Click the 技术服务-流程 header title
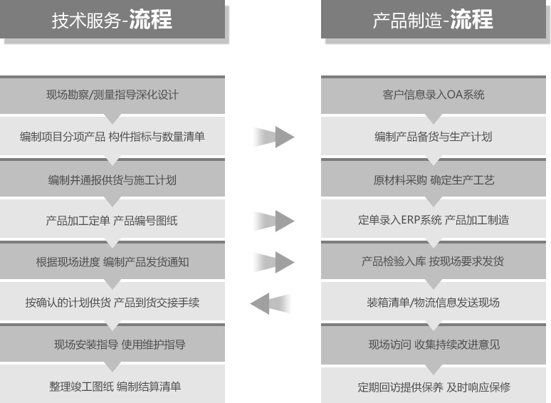point(112,19)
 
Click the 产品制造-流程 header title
point(433,19)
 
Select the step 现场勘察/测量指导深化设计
point(112,95)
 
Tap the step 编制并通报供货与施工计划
point(112,180)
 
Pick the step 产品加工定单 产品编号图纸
point(112,221)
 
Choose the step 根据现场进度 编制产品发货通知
point(112,262)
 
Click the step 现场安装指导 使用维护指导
point(120,345)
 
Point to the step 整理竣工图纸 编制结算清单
point(115,387)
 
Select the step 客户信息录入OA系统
point(434,95)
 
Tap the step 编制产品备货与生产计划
point(434,137)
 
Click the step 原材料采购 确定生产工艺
point(434,180)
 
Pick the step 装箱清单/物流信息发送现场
point(434,303)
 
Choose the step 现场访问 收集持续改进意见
point(434,345)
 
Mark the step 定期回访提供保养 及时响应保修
point(434,387)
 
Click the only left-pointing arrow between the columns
point(271,303)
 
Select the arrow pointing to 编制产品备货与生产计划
point(274,137)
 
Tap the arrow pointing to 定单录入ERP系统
point(274,221)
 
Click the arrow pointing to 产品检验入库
point(274,262)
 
